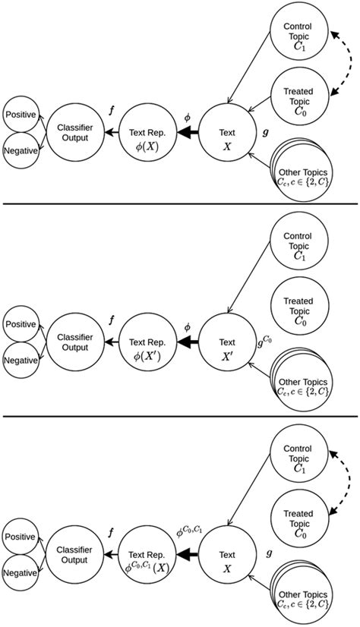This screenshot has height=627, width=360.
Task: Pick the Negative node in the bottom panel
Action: click(21, 573)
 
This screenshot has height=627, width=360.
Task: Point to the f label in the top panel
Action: click(112, 111)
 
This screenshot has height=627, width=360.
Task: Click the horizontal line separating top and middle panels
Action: click(180, 204)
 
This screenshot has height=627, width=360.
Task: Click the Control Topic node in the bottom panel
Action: click(297, 458)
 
